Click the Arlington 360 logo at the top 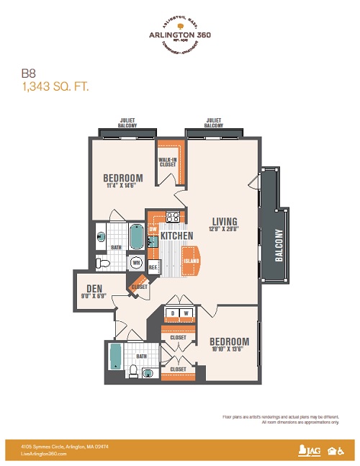(179, 34)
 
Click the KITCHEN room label (176, 236)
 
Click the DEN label (91, 286)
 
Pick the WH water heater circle (136, 263)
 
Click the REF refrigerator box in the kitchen (153, 266)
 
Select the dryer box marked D (173, 312)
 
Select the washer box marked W (186, 312)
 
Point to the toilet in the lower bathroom (133, 371)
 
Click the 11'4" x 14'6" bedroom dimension (122, 187)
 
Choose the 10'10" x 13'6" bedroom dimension (229, 350)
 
